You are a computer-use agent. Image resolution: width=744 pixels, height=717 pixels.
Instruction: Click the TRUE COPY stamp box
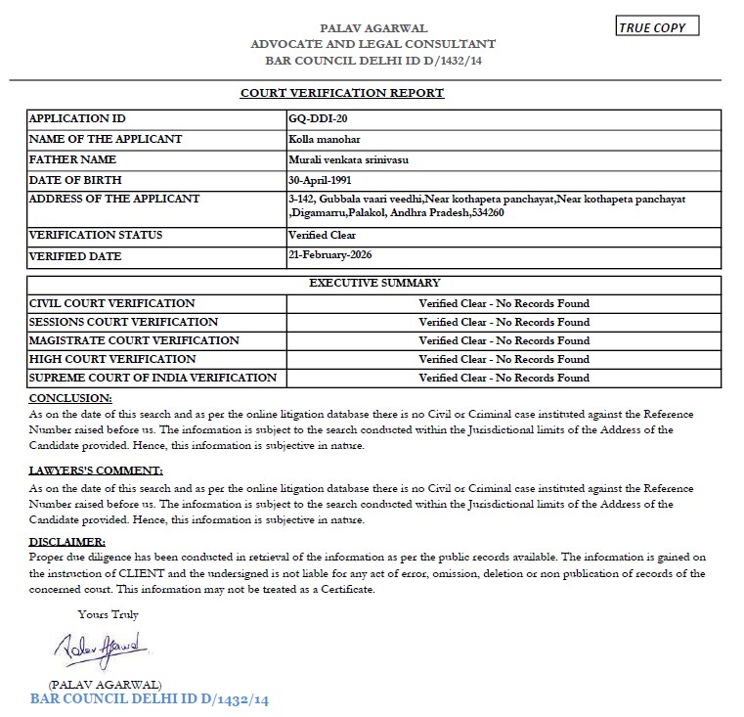click(657, 27)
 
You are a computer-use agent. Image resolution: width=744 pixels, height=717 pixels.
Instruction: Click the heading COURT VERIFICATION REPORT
click(342, 93)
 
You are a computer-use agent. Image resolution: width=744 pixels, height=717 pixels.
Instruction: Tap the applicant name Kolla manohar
click(319, 139)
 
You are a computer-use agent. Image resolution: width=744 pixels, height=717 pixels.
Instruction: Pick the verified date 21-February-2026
click(330, 256)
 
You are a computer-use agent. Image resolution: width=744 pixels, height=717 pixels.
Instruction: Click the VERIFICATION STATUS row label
click(96, 236)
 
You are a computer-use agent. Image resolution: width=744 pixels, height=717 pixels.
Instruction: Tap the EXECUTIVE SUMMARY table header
click(374, 284)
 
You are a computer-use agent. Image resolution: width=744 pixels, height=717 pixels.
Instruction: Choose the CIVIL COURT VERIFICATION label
click(112, 303)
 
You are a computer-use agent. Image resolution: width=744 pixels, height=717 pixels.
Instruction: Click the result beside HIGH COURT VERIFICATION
click(503, 359)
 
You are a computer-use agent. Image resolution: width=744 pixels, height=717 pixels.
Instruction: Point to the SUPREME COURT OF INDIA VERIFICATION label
click(153, 378)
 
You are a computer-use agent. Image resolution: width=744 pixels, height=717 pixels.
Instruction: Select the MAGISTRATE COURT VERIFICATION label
click(134, 340)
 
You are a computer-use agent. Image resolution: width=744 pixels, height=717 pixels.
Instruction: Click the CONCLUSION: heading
click(70, 398)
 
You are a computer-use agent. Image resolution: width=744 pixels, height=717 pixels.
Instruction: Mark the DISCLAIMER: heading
click(66, 542)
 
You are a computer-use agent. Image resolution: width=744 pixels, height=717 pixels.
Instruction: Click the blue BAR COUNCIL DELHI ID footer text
click(149, 700)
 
